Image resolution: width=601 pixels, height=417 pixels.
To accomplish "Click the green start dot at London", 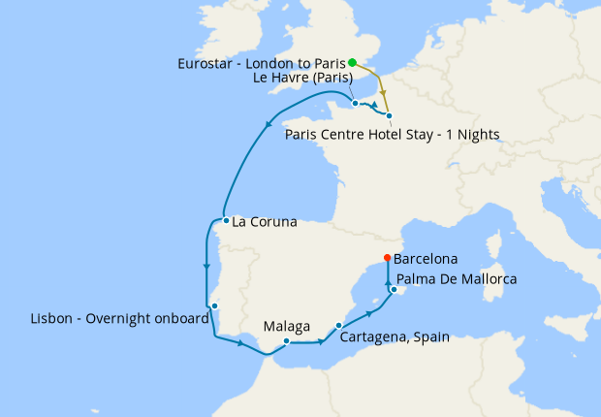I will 353,62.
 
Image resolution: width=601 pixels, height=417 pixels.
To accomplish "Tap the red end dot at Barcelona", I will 387,258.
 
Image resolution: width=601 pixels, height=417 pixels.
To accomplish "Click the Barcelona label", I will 426,260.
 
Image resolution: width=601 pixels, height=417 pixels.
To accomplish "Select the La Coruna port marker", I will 226,220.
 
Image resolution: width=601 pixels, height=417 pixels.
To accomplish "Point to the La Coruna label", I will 265,222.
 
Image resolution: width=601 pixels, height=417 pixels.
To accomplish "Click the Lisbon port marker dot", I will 215,306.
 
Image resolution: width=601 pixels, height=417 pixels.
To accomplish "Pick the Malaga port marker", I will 287,340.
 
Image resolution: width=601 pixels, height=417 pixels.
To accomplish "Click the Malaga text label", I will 287,326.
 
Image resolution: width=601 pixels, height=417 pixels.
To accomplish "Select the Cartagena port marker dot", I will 338,326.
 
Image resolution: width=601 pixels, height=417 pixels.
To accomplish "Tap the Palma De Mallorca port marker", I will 395,289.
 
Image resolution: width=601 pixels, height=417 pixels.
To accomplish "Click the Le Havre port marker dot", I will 356,103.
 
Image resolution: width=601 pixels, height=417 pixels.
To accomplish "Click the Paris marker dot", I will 389,115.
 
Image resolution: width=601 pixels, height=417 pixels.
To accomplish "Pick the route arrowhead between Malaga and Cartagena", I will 319,341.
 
